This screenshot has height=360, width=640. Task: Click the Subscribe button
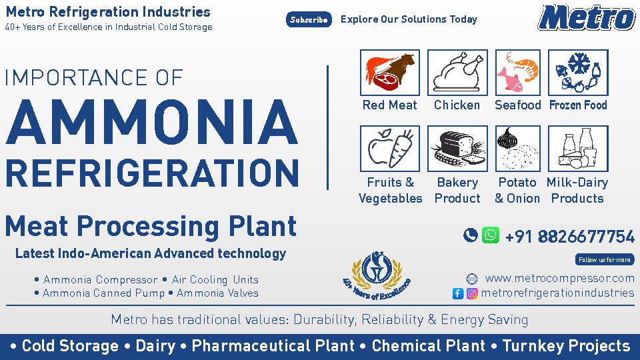(x=309, y=19)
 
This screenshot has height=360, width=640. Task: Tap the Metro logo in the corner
(x=587, y=17)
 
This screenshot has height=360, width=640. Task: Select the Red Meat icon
(x=390, y=73)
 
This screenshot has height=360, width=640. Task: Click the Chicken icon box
(x=457, y=73)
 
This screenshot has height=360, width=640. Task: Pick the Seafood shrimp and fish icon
(x=517, y=73)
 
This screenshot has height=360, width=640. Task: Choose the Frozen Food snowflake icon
(x=578, y=73)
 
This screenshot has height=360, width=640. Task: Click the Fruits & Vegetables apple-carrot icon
(x=390, y=149)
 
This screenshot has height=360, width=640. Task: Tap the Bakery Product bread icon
(x=457, y=149)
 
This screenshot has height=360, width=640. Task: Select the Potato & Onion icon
(x=517, y=149)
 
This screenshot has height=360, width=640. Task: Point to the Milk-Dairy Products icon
(x=578, y=149)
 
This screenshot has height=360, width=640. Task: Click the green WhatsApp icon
(x=490, y=235)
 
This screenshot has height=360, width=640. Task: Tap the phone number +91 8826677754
(x=570, y=236)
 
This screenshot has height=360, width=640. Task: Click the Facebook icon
(x=458, y=293)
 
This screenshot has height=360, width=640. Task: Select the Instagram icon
(x=472, y=293)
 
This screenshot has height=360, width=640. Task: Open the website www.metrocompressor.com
(x=559, y=279)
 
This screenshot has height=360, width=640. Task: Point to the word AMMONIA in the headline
(x=152, y=122)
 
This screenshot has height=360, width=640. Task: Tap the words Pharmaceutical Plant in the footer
(x=273, y=346)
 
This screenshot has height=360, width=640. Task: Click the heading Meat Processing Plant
(x=151, y=226)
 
